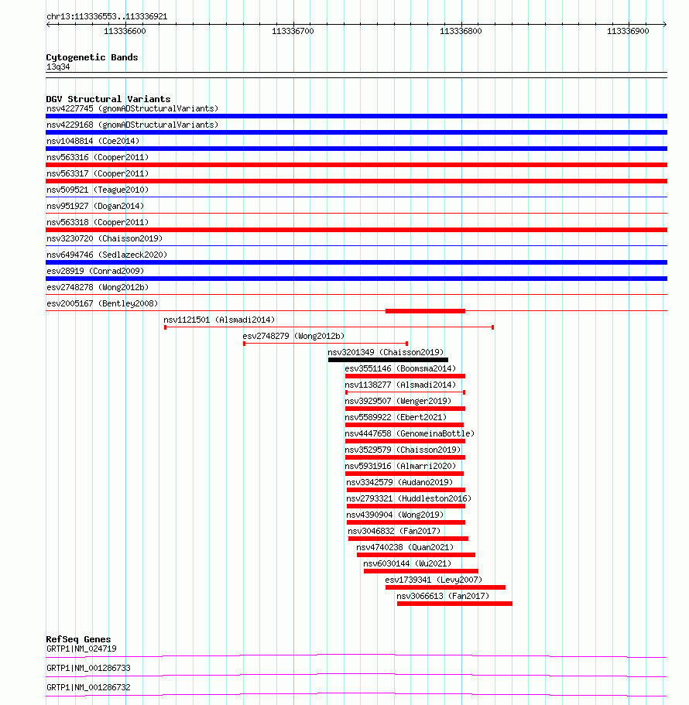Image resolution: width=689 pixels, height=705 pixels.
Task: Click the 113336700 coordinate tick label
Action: pos(293,31)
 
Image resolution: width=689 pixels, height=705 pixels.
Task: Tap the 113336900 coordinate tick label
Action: pos(628,31)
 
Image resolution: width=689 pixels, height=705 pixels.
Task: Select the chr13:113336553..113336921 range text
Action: pos(107,16)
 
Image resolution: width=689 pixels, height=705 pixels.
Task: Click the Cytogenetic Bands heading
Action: pos(92,57)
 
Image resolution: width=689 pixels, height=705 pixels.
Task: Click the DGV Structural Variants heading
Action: pos(108,99)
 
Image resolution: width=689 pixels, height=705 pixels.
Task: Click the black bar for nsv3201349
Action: pos(388,360)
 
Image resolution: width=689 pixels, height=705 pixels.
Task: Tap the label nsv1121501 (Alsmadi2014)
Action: pos(219,320)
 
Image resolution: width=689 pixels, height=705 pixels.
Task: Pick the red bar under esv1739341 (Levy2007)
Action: pos(445,587)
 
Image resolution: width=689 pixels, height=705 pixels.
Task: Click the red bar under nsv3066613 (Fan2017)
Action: pos(454,604)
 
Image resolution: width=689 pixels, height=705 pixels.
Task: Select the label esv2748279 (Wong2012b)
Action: pos(293,336)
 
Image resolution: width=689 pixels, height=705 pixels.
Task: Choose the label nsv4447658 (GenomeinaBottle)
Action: pos(410,433)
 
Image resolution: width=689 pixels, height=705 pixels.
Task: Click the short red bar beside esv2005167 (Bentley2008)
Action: pos(425,311)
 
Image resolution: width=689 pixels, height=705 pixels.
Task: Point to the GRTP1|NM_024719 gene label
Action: pos(81,649)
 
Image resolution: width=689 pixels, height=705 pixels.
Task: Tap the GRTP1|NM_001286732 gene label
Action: pos(88,687)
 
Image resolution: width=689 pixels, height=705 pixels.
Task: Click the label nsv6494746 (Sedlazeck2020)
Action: pos(107,255)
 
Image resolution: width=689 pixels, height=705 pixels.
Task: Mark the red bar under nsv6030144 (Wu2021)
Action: pos(420,571)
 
